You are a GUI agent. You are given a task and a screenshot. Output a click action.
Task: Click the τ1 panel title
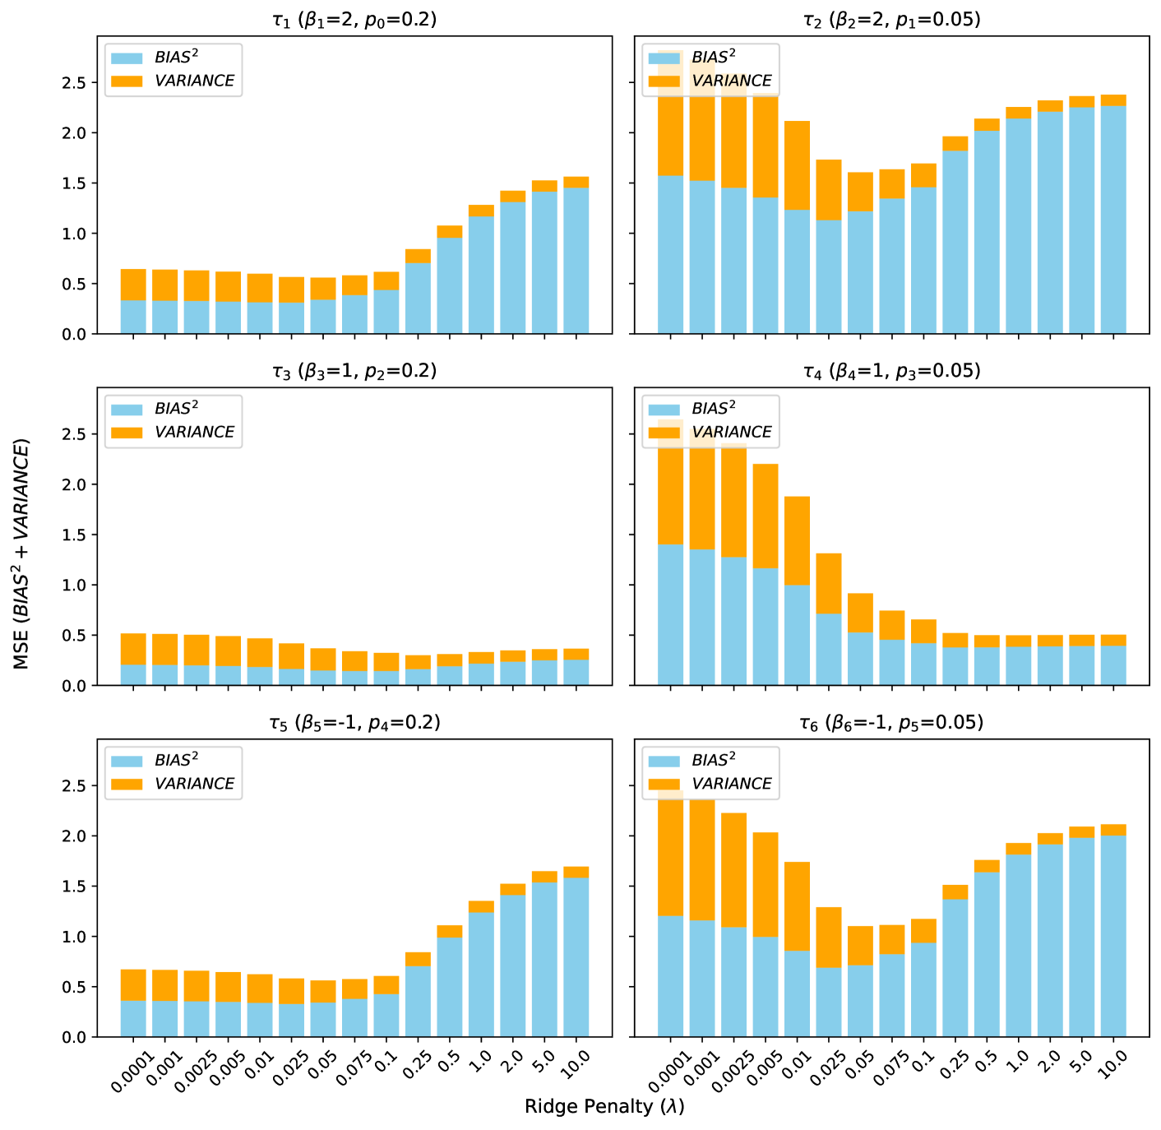point(354,20)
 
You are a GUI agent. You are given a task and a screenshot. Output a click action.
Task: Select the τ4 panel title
point(891,371)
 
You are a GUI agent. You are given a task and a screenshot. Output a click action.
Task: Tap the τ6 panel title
point(891,723)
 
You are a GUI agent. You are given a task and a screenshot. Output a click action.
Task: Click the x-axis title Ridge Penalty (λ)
point(604,1106)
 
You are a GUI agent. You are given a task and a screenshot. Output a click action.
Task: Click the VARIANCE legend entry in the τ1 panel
point(194,81)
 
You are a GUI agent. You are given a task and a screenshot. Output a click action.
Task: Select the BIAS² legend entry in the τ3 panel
point(176,409)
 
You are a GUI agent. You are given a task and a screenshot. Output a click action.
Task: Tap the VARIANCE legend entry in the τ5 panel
point(194,784)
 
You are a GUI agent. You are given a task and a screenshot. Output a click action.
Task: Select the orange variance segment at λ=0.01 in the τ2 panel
point(797,165)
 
